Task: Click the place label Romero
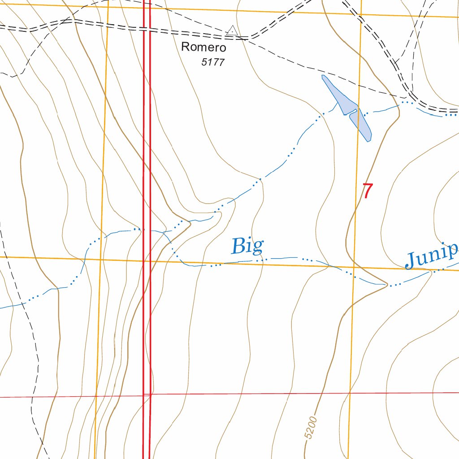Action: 204,47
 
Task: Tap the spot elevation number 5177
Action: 212,62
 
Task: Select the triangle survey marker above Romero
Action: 232,30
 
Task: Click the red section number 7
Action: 367,191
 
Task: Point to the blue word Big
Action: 247,246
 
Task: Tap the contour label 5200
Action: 310,428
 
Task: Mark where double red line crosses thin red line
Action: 147,395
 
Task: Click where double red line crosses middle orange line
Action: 147,260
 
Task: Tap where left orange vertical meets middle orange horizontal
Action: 100,259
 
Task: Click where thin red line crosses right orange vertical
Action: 350,393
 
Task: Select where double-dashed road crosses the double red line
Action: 147,30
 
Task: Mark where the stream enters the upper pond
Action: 338,104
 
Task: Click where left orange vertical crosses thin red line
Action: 96,396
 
